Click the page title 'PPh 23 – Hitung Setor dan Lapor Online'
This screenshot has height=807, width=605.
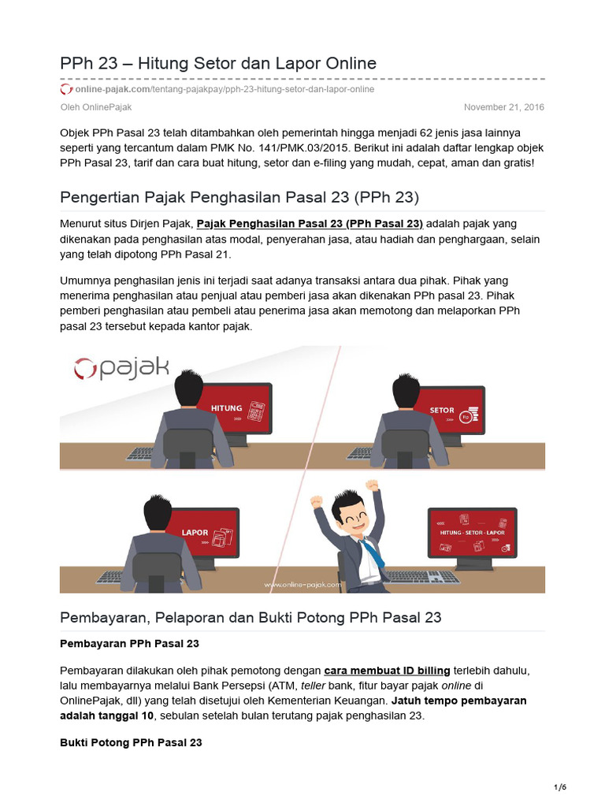point(218,63)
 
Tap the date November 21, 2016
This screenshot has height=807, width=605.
point(503,107)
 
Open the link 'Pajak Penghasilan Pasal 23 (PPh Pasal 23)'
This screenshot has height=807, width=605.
point(310,223)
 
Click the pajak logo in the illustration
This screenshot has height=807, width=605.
point(121,368)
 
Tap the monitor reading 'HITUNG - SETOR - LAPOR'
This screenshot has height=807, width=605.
point(471,534)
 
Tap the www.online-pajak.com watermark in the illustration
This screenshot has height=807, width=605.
point(302,586)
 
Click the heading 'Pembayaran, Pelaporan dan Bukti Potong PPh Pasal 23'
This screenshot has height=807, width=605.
point(251,618)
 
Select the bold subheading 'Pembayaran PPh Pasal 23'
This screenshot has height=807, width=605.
point(129,644)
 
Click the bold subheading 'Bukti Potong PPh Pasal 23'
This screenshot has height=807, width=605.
point(131,742)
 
